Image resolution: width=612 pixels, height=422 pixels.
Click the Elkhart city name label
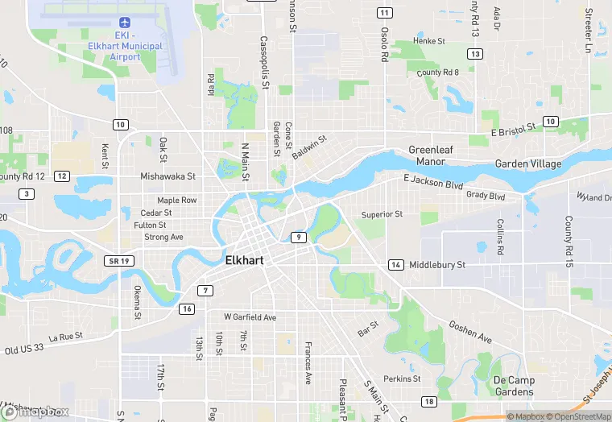246,261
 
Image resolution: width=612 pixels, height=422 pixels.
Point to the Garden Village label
528,163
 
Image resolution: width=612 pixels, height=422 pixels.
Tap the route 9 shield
298,237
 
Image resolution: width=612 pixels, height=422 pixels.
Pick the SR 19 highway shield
117,262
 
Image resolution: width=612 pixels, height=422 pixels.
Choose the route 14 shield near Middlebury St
395,265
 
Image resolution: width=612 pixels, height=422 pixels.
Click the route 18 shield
428,401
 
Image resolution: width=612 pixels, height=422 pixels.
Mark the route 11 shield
384,12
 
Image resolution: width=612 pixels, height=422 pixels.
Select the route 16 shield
187,309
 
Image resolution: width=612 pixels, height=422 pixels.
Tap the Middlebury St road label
437,265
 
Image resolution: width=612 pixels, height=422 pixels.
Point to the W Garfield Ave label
250,317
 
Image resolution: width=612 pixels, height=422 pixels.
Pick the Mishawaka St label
168,176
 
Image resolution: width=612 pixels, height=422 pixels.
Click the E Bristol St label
513,128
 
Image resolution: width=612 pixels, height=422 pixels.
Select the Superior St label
382,214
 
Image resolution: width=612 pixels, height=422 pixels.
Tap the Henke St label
429,40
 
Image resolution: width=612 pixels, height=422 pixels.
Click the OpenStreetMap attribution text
578,416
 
